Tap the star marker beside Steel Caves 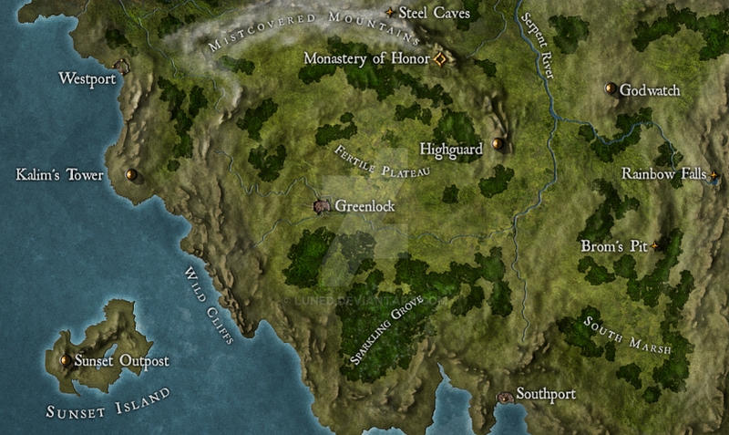pos(391,12)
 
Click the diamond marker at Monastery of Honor pos(439,58)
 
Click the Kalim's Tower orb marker pos(131,174)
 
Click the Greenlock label pos(364,207)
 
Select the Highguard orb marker pos(498,143)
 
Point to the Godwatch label pos(650,90)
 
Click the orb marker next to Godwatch pos(611,89)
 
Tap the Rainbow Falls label pos(663,173)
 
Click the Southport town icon pos(506,397)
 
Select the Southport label pos(546,396)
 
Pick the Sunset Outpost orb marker pos(64,361)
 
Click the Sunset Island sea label pos(108,401)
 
